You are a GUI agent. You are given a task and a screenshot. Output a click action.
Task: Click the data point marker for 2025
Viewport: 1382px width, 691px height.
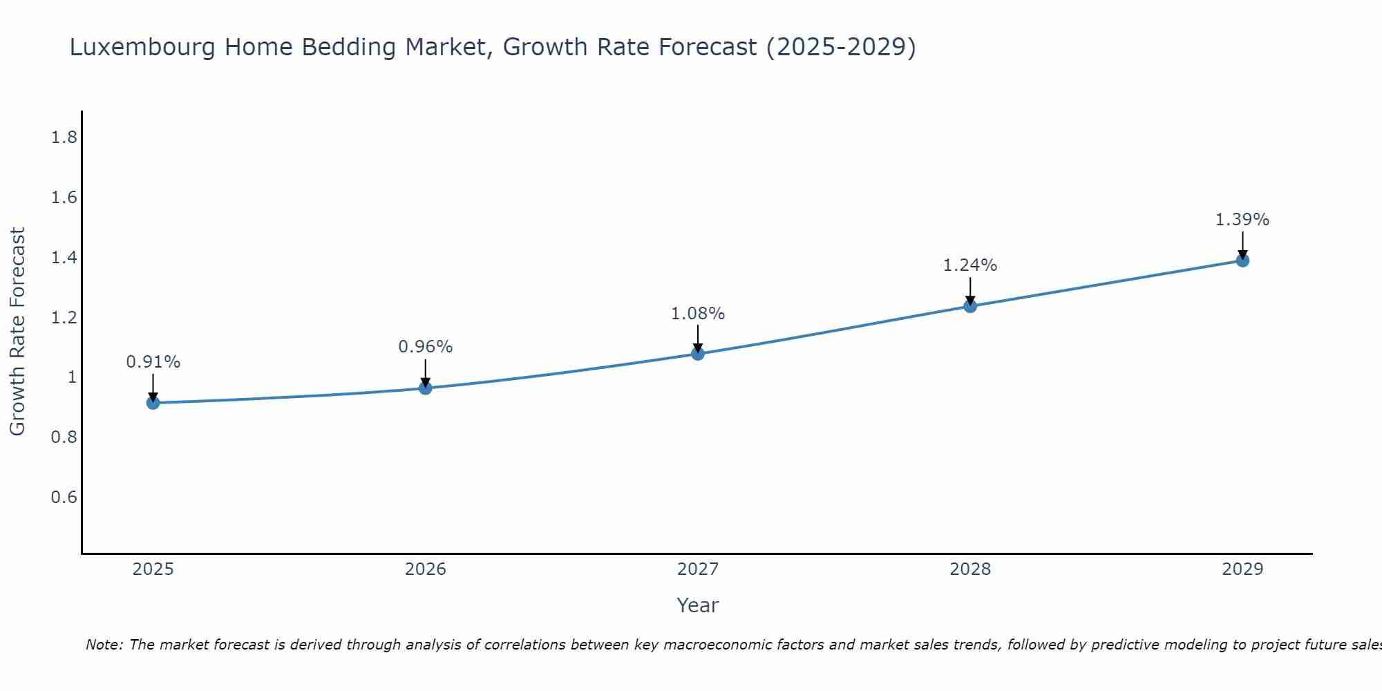pyautogui.click(x=153, y=403)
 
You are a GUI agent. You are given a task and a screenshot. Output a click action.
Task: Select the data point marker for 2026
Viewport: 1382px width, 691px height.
pyautogui.click(x=426, y=388)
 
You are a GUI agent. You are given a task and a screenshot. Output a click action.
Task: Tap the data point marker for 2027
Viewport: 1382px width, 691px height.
pyautogui.click(x=698, y=354)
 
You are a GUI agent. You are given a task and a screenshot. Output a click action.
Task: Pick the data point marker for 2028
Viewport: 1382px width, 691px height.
pyautogui.click(x=970, y=306)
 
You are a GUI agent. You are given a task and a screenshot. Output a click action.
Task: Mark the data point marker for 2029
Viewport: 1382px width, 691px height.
pyautogui.click(x=1242, y=261)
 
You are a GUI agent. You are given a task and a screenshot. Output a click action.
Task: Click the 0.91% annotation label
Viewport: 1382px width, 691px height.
pyautogui.click(x=153, y=362)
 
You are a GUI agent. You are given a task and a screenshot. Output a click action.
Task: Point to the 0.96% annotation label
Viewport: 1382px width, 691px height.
pyautogui.click(x=426, y=347)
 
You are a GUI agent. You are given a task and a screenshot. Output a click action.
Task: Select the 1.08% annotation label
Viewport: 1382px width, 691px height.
pyautogui.click(x=698, y=314)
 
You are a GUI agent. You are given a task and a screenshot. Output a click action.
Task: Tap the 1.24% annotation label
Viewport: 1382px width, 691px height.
pyautogui.click(x=970, y=265)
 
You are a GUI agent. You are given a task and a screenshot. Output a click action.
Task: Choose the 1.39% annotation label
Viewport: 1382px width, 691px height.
pyautogui.click(x=1242, y=220)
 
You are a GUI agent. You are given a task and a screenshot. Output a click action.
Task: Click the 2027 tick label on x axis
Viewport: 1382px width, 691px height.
pyautogui.click(x=698, y=569)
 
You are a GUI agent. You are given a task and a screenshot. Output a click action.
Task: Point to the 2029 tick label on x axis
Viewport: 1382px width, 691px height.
pyautogui.click(x=1242, y=569)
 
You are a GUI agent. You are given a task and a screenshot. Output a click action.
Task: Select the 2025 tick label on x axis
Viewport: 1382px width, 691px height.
pyautogui.click(x=153, y=569)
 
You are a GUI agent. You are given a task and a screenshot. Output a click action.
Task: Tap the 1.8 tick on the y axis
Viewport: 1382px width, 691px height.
pyautogui.click(x=64, y=138)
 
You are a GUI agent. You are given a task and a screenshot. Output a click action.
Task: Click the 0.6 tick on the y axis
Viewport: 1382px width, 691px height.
pyautogui.click(x=64, y=498)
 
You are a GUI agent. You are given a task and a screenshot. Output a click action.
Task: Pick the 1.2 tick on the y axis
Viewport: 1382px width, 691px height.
pyautogui.click(x=64, y=318)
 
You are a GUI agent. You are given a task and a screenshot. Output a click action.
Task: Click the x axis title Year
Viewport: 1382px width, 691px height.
pyautogui.click(x=698, y=605)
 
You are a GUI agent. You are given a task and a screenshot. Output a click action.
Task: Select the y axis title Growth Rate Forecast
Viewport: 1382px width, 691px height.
pyautogui.click(x=17, y=332)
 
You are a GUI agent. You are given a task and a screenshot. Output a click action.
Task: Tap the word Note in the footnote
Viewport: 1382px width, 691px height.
pyautogui.click(x=104, y=645)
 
